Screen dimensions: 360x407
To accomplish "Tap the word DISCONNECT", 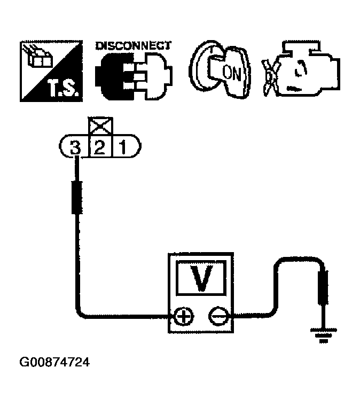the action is [133, 45].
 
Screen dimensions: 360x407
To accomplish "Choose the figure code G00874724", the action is [54, 363].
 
